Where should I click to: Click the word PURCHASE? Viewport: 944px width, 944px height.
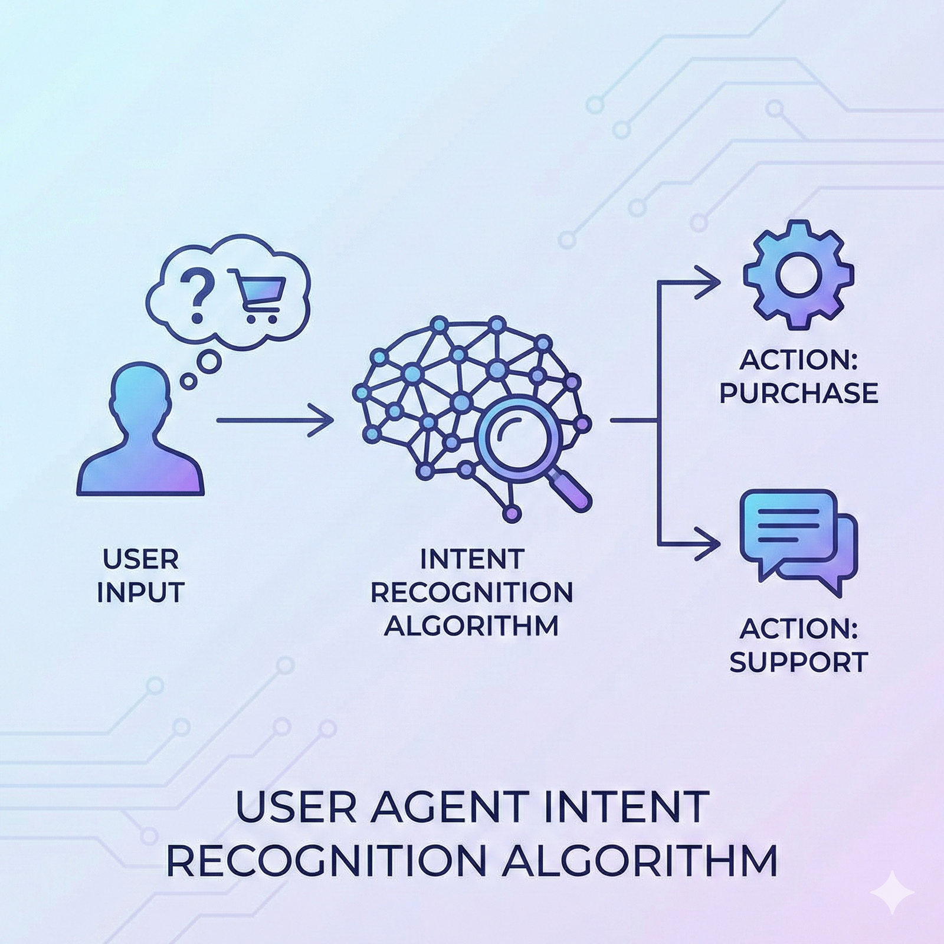799,393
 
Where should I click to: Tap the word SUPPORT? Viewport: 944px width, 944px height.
799,662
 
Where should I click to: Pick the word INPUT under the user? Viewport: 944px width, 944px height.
140,592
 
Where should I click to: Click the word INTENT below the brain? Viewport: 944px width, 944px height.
472,559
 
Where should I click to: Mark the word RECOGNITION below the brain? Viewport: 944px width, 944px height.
472,592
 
